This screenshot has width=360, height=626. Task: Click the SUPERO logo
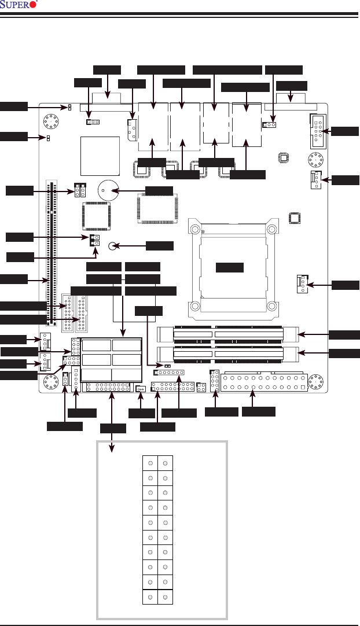(x=20, y=5)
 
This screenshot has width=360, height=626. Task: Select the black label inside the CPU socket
(x=229, y=267)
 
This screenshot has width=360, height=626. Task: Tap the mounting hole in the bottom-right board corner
(x=315, y=382)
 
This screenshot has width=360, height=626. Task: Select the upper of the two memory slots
(x=227, y=334)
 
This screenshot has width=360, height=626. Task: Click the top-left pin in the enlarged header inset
(x=150, y=463)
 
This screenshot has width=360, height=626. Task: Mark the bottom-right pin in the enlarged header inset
(x=165, y=596)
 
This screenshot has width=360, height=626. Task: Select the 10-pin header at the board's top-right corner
(x=319, y=131)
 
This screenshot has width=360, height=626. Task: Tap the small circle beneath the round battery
(x=113, y=246)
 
